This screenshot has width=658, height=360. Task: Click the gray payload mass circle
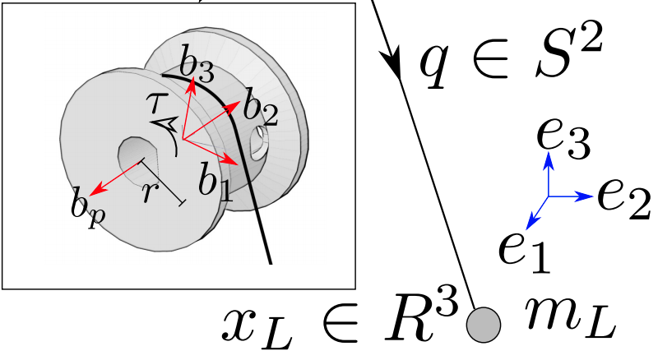[x=484, y=325]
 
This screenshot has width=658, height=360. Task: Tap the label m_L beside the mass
[x=570, y=319]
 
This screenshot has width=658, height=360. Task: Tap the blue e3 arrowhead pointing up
[x=548, y=159]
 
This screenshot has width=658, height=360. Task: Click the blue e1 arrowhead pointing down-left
[x=531, y=222]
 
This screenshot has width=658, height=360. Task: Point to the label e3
[x=563, y=138]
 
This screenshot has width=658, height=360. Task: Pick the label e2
[x=624, y=198]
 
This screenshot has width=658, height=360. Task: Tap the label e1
[x=524, y=253]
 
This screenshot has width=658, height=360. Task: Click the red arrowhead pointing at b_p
[x=97, y=189]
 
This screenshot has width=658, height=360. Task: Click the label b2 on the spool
[x=261, y=108]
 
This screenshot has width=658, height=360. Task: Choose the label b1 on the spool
[x=215, y=181]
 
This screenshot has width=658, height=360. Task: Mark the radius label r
[x=148, y=193]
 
